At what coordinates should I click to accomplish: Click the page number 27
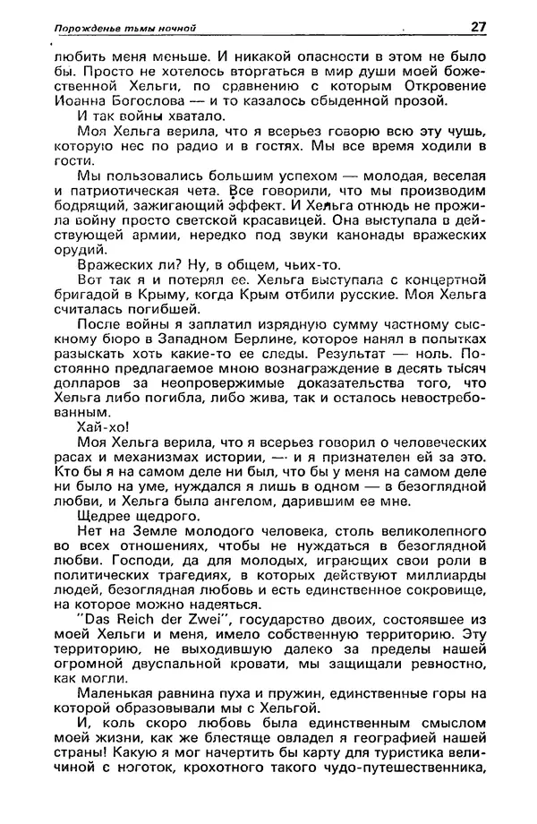click(x=477, y=26)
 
